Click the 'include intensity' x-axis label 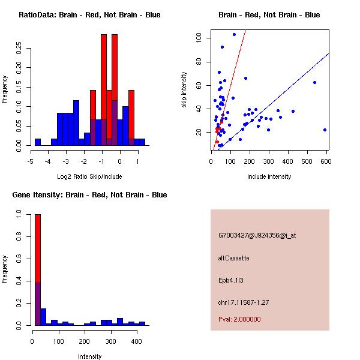269,176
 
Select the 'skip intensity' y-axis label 184,90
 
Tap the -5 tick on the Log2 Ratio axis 31,161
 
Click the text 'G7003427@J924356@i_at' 257,235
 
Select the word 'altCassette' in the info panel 233,258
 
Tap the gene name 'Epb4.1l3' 231,280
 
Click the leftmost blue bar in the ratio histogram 38,142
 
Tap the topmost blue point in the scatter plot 234,34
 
